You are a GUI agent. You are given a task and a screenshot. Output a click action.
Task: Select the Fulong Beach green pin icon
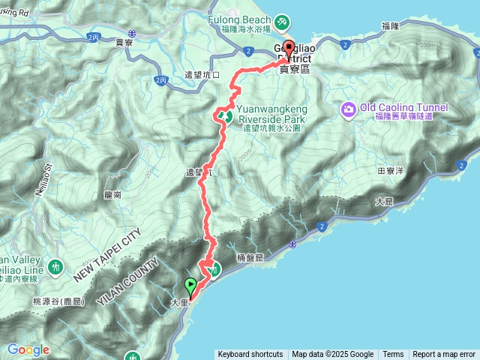(281, 22)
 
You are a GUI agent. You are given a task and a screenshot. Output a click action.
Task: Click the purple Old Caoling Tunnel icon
(348, 110)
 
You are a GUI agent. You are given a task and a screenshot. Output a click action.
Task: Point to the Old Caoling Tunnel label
(403, 108)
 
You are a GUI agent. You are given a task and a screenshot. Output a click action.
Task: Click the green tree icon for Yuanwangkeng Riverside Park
(223, 116)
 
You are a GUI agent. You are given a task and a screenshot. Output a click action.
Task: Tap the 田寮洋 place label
(391, 171)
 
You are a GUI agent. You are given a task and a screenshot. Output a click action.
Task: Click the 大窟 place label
(384, 202)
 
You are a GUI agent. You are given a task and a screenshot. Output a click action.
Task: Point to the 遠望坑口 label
(202, 76)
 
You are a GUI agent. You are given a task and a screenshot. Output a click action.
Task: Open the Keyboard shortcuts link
(250, 355)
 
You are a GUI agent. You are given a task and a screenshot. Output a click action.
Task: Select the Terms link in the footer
(393, 355)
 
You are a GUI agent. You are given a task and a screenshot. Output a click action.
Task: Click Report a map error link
(444, 355)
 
